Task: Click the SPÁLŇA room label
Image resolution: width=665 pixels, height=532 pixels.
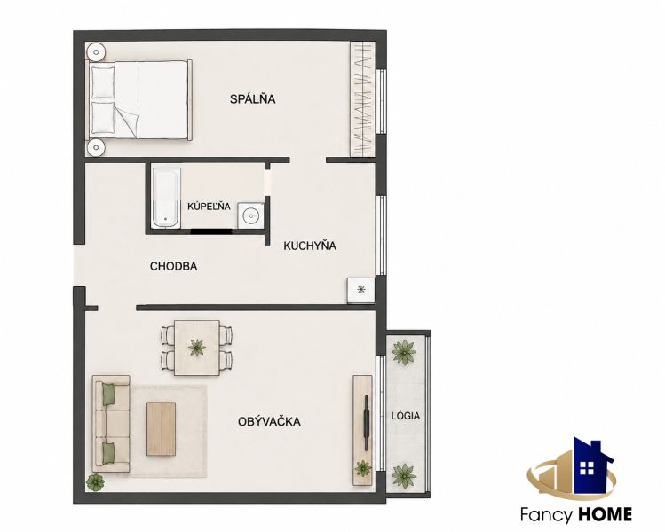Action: [x=253, y=98]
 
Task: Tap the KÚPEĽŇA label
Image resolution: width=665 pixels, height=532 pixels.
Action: [x=209, y=207]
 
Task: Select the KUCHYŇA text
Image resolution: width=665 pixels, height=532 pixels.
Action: [x=310, y=246]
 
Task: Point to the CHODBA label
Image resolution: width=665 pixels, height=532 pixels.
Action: [x=173, y=266]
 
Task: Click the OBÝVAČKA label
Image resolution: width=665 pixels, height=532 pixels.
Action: [x=269, y=421]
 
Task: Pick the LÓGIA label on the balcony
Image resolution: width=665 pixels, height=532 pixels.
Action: [x=406, y=416]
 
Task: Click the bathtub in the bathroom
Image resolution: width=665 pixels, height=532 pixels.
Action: [x=166, y=198]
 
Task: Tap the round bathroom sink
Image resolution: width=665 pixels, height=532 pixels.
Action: [x=251, y=216]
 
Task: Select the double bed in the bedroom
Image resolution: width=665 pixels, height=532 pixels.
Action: [x=139, y=100]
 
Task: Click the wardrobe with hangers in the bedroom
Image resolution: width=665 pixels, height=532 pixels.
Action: [x=362, y=99]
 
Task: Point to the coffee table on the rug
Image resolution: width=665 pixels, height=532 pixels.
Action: [x=162, y=428]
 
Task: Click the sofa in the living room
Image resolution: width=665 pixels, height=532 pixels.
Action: [x=111, y=424]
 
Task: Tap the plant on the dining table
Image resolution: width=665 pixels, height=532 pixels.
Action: [x=197, y=348]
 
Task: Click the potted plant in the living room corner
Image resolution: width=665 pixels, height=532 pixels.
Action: [x=95, y=482]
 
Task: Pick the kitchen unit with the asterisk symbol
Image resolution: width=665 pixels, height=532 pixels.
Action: [x=361, y=290]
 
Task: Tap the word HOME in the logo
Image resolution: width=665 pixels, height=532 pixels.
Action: [x=604, y=514]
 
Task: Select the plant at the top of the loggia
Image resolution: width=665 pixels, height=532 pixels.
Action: [x=404, y=352]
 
